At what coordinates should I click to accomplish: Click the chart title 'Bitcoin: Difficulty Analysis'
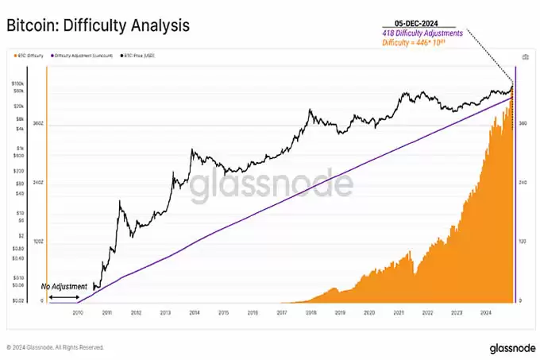tap(98, 25)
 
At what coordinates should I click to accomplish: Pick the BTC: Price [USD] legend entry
tap(140, 56)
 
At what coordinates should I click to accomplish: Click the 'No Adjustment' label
tap(64, 286)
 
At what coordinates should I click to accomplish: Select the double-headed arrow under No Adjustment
tap(64, 297)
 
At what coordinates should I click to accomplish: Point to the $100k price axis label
tap(17, 83)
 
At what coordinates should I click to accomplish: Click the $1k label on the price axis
tap(19, 149)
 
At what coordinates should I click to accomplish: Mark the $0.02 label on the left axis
tap(17, 301)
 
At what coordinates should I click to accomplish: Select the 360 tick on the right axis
tap(522, 124)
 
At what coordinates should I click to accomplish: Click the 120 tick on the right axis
tap(522, 242)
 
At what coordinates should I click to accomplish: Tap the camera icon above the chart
tap(525, 57)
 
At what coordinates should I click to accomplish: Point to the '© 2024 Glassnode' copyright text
tap(55, 347)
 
